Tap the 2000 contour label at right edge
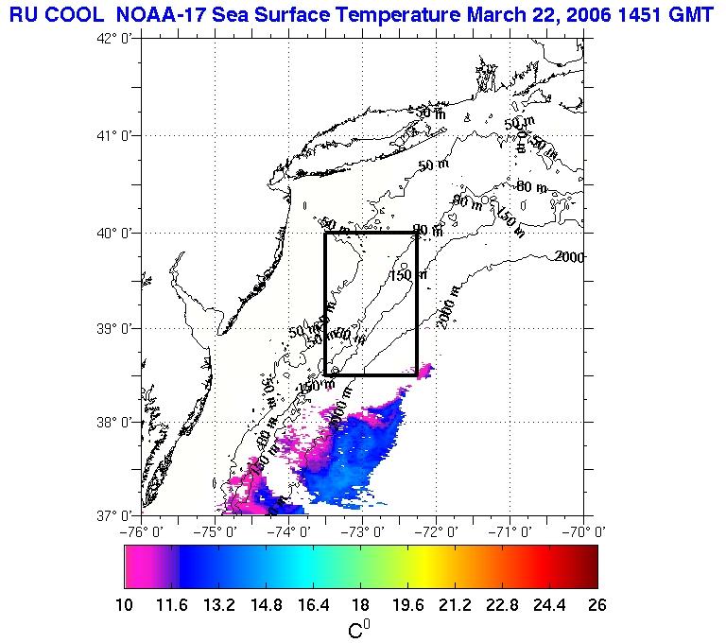pyautogui.click(x=569, y=256)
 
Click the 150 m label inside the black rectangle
pyautogui.click(x=408, y=275)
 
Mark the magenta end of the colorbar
pyautogui.click(x=135, y=567)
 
